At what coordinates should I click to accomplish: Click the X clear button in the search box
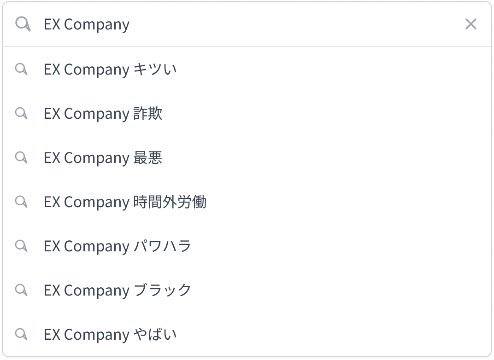coord(470,24)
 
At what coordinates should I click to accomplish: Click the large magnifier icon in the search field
coord(23,24)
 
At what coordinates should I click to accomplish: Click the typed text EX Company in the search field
coord(87,24)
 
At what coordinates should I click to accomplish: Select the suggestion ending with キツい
coord(110,70)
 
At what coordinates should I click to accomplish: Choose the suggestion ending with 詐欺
coord(103,114)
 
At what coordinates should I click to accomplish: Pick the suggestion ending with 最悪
coord(103,158)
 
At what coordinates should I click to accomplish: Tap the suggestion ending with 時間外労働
coord(125,202)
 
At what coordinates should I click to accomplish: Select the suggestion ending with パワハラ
coord(118,246)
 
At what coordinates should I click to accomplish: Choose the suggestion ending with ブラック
coord(118,290)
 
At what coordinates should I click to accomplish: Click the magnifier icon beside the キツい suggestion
coord(21,69)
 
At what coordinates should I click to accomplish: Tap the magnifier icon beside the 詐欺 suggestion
coord(21,113)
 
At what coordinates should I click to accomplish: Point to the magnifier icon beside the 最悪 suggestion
coord(21,157)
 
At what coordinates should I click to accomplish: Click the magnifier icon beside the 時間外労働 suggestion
coord(21,201)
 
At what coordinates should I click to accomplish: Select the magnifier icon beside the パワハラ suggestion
coord(21,246)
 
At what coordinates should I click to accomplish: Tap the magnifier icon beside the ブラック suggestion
coord(21,290)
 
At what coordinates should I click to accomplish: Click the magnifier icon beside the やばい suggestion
coord(21,334)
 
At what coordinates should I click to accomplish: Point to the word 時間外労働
coord(170,202)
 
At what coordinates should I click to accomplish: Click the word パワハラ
coord(163,246)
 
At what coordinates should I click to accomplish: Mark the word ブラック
coord(163,290)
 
